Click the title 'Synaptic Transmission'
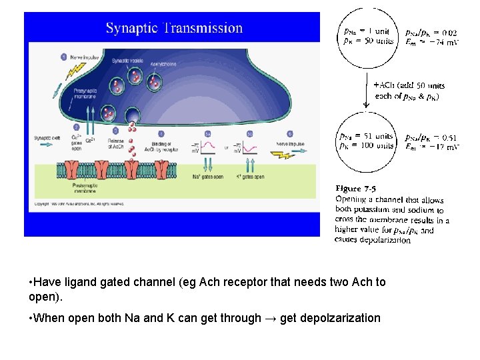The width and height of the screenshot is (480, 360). click(174, 28)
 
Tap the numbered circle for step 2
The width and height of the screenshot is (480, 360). click(77, 127)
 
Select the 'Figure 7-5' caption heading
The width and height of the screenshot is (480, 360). click(357, 189)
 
